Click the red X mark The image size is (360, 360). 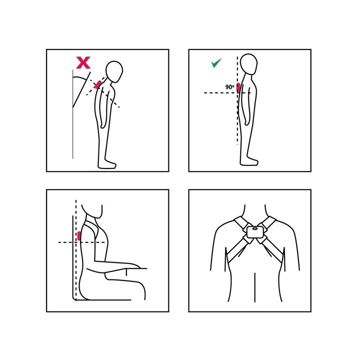point(83,62)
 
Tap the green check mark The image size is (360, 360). point(216,62)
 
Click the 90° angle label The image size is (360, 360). point(229,87)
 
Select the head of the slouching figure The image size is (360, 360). point(114,71)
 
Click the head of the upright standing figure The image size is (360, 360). point(248,64)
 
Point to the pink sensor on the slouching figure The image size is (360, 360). point(98,84)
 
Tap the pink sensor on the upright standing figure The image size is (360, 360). point(238,87)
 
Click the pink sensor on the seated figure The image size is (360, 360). point(79,236)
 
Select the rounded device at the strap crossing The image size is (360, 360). point(255,232)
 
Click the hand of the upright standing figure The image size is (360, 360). point(246,121)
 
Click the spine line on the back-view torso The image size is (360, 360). point(255,287)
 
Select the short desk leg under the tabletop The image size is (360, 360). point(126,272)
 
